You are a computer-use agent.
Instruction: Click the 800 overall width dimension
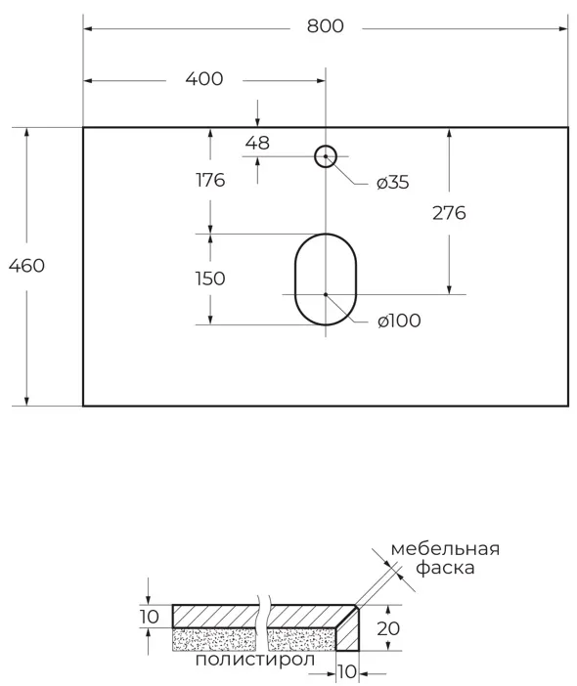click(x=325, y=26)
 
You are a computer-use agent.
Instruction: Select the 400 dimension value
click(x=203, y=79)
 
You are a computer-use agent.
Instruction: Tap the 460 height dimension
click(x=26, y=265)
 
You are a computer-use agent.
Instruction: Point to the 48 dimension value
click(x=257, y=143)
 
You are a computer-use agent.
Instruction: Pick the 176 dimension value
click(x=209, y=180)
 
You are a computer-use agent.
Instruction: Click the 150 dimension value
click(x=209, y=279)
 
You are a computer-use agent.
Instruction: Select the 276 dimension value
click(x=449, y=212)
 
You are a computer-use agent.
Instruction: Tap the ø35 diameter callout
click(x=392, y=183)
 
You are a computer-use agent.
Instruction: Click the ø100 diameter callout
click(x=398, y=321)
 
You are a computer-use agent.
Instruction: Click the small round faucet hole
click(x=325, y=155)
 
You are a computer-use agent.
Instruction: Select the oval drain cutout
click(x=326, y=280)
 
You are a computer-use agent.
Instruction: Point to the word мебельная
click(x=445, y=548)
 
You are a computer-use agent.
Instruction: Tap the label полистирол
click(x=255, y=660)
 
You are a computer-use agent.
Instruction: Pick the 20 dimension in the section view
click(x=389, y=628)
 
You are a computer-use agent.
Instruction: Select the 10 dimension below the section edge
click(x=346, y=671)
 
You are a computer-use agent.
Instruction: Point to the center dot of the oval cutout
click(x=326, y=293)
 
